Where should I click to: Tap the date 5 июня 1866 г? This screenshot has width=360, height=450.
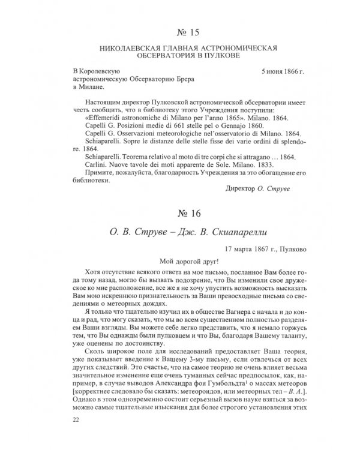pos(283,71)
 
